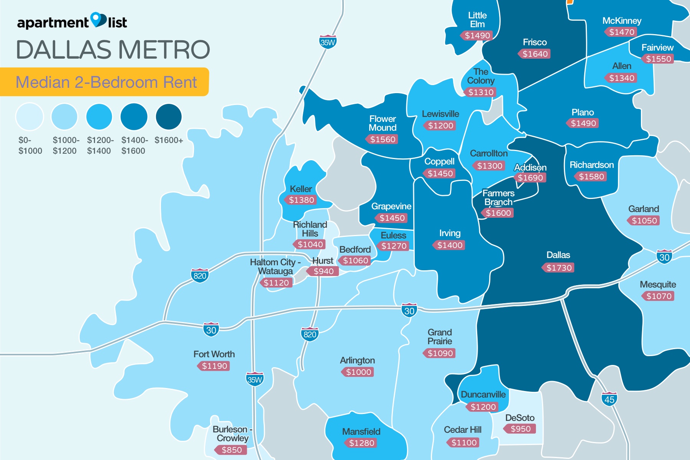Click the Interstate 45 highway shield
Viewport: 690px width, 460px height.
pyautogui.click(x=609, y=399)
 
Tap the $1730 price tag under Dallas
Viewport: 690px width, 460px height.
pyautogui.click(x=559, y=268)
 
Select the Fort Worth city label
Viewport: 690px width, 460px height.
pyautogui.click(x=214, y=354)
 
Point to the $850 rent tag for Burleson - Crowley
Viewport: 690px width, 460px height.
pyautogui.click(x=231, y=450)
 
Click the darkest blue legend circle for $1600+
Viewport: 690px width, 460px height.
pyautogui.click(x=169, y=117)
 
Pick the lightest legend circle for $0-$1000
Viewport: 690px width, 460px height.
pyautogui.click(x=30, y=117)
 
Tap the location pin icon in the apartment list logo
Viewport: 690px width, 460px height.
pyautogui.click(x=98, y=20)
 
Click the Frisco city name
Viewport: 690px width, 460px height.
pyautogui.click(x=535, y=42)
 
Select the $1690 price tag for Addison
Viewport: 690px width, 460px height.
pyautogui.click(x=530, y=177)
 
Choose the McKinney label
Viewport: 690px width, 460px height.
pyautogui.click(x=622, y=21)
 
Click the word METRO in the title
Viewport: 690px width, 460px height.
pyautogui.click(x=164, y=50)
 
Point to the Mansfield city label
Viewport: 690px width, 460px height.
pyautogui.click(x=361, y=432)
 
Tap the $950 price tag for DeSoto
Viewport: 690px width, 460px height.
pyautogui.click(x=520, y=429)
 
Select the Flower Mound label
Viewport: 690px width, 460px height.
pyautogui.click(x=382, y=123)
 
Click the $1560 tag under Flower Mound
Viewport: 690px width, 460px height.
pyautogui.click(x=382, y=139)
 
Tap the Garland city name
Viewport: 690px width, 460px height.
pyautogui.click(x=644, y=209)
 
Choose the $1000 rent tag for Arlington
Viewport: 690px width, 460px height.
pyautogui.click(x=358, y=372)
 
